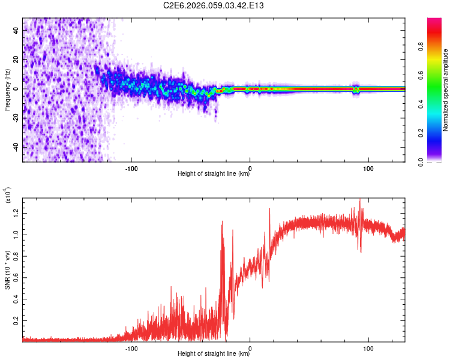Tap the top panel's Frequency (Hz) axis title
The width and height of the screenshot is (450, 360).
(7, 89)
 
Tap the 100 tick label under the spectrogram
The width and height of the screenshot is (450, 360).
(368, 167)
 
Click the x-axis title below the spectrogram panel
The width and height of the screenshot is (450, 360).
(214, 174)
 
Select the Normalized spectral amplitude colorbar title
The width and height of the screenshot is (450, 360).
(446, 90)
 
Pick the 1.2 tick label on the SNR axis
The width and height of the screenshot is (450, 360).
(16, 212)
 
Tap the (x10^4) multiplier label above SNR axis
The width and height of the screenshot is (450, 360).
(7, 196)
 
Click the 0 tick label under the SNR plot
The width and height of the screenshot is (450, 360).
(250, 347)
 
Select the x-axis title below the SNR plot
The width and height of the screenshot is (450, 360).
(214, 354)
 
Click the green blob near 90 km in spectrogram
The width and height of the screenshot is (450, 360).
(356, 89)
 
